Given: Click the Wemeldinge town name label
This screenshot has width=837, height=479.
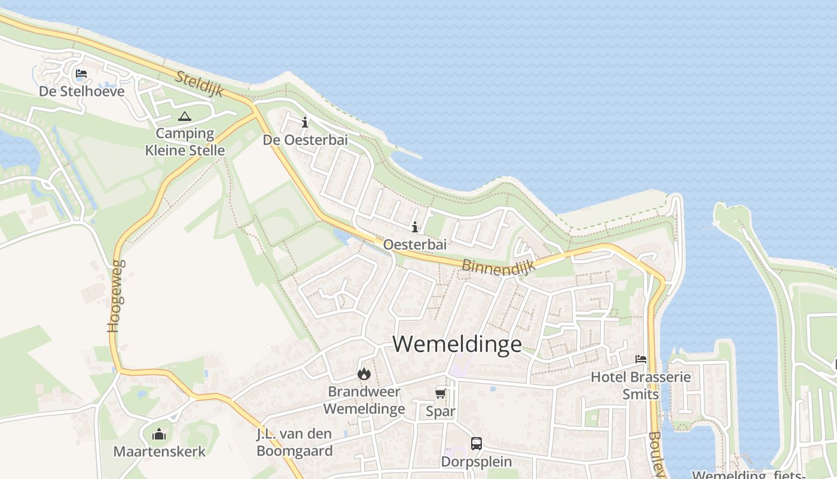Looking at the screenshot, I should click(457, 344).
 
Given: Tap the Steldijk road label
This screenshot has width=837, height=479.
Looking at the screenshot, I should click(200, 84).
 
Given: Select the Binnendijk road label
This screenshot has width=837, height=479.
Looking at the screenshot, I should click(498, 266).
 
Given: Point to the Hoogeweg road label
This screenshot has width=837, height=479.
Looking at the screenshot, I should click(117, 296).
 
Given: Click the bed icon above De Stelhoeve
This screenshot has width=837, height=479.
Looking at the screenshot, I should click(81, 74).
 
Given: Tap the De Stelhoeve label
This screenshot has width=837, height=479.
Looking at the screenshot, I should click(82, 91).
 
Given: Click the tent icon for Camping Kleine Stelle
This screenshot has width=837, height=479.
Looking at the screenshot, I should click(184, 116).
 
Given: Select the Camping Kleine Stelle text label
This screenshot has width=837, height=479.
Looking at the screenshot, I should click(185, 142).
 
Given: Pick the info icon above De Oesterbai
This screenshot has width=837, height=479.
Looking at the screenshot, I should click(305, 122).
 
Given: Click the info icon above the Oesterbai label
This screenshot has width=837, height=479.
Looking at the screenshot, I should click(414, 227).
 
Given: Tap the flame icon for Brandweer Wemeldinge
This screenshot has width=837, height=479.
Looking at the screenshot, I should click(363, 374).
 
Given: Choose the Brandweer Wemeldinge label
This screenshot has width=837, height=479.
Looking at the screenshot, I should click(363, 401).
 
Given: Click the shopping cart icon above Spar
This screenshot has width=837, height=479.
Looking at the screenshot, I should click(441, 393).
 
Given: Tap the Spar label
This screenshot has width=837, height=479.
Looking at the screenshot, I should click(441, 411).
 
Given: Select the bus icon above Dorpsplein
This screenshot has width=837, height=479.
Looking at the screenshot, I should click(476, 444).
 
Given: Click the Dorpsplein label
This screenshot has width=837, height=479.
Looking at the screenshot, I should click(476, 462).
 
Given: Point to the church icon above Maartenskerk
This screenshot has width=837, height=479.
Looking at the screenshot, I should click(159, 433).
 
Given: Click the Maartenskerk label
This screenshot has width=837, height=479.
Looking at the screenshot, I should click(160, 451).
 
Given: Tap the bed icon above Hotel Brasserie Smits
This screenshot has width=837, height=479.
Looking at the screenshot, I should click(641, 359).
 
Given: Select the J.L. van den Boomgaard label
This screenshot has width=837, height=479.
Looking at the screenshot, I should click(294, 442).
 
